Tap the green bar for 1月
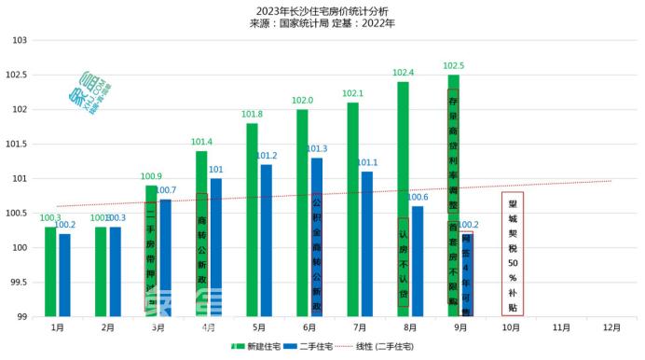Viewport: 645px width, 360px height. (50, 271)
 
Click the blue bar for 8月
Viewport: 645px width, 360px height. (418, 261)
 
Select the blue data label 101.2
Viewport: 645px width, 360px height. (267, 156)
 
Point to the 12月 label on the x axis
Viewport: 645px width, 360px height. (611, 328)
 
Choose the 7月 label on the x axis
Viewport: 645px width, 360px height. (360, 328)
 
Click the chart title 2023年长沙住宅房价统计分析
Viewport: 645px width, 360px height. (322, 10)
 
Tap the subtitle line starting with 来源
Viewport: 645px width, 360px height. (322, 24)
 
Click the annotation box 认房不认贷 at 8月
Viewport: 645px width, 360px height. (404, 275)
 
